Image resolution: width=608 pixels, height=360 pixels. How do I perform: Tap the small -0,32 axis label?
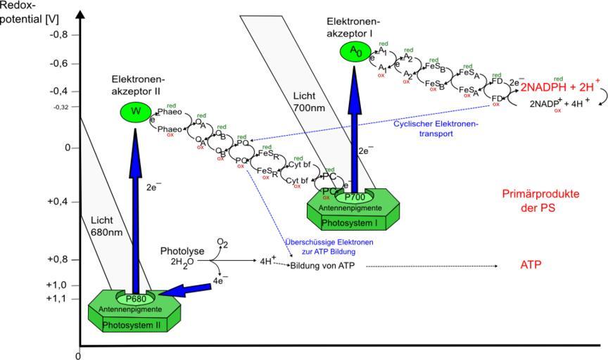pos(63,107)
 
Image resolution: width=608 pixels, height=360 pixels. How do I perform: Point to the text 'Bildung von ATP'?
pos(322,266)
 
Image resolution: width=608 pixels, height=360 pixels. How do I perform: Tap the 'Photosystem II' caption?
pos(131,326)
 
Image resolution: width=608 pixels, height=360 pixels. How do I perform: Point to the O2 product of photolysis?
pos(222,243)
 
